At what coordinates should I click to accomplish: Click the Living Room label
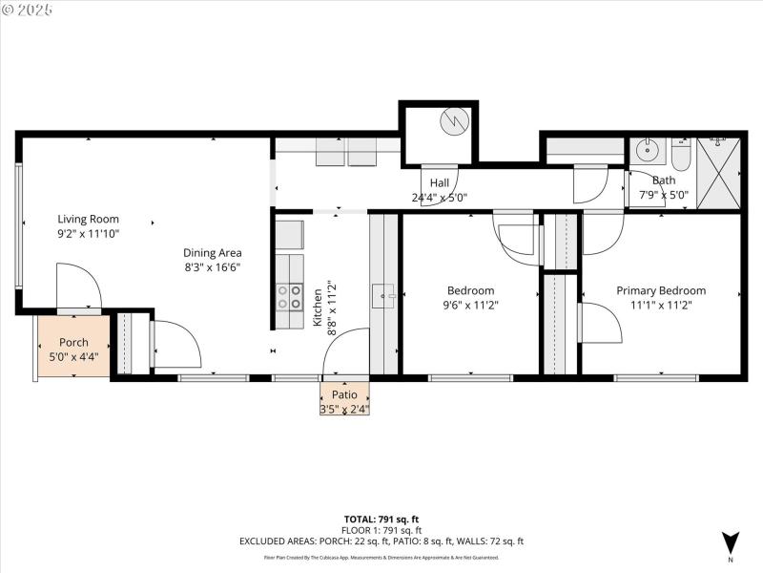click(x=88, y=219)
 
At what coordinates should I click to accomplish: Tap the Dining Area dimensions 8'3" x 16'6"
click(x=212, y=267)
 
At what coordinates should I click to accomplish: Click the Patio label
click(x=344, y=394)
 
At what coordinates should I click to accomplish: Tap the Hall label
click(x=439, y=183)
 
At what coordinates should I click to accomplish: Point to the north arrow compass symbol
click(x=731, y=541)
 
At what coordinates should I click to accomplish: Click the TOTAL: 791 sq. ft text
click(x=381, y=520)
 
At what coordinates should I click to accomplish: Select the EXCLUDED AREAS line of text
click(x=381, y=541)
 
